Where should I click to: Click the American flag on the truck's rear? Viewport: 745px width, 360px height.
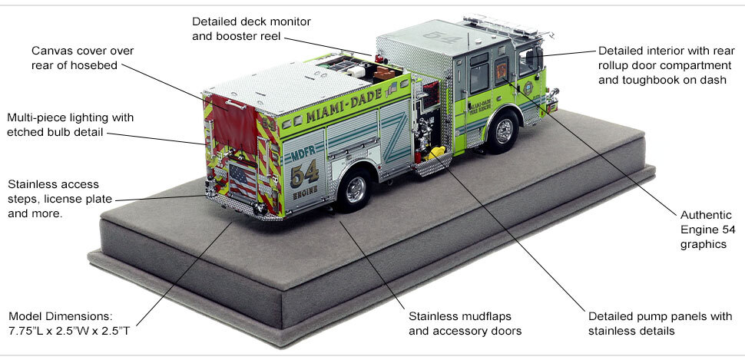click(243, 180)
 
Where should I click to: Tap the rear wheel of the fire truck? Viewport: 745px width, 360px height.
click(354, 189)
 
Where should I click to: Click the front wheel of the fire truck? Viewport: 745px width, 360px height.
click(503, 131)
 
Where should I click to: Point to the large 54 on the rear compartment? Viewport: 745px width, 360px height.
click(304, 173)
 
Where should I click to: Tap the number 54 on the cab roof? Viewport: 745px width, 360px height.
click(453, 37)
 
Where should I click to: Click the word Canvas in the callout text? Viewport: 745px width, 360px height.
click(51, 51)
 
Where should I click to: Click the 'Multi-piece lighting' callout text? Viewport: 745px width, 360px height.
click(70, 118)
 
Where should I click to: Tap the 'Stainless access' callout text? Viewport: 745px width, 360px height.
click(53, 185)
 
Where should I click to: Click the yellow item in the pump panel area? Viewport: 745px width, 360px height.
click(435, 153)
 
